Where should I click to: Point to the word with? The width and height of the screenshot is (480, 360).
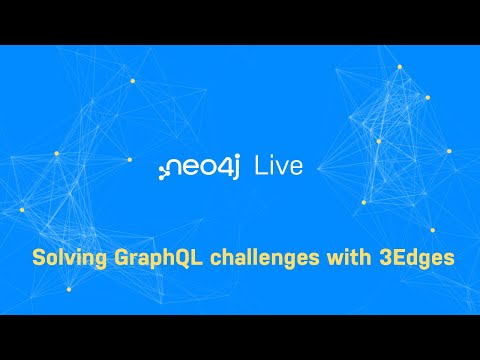[336, 258]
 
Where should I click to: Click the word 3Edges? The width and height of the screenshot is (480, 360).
[412, 258]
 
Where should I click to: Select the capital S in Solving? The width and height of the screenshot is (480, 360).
[39, 258]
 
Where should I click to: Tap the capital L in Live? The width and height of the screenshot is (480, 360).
[262, 165]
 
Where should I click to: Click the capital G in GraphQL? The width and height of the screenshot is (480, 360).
[117, 258]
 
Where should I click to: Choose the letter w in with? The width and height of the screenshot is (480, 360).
[319, 259]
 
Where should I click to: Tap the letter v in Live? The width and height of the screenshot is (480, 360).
[281, 167]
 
